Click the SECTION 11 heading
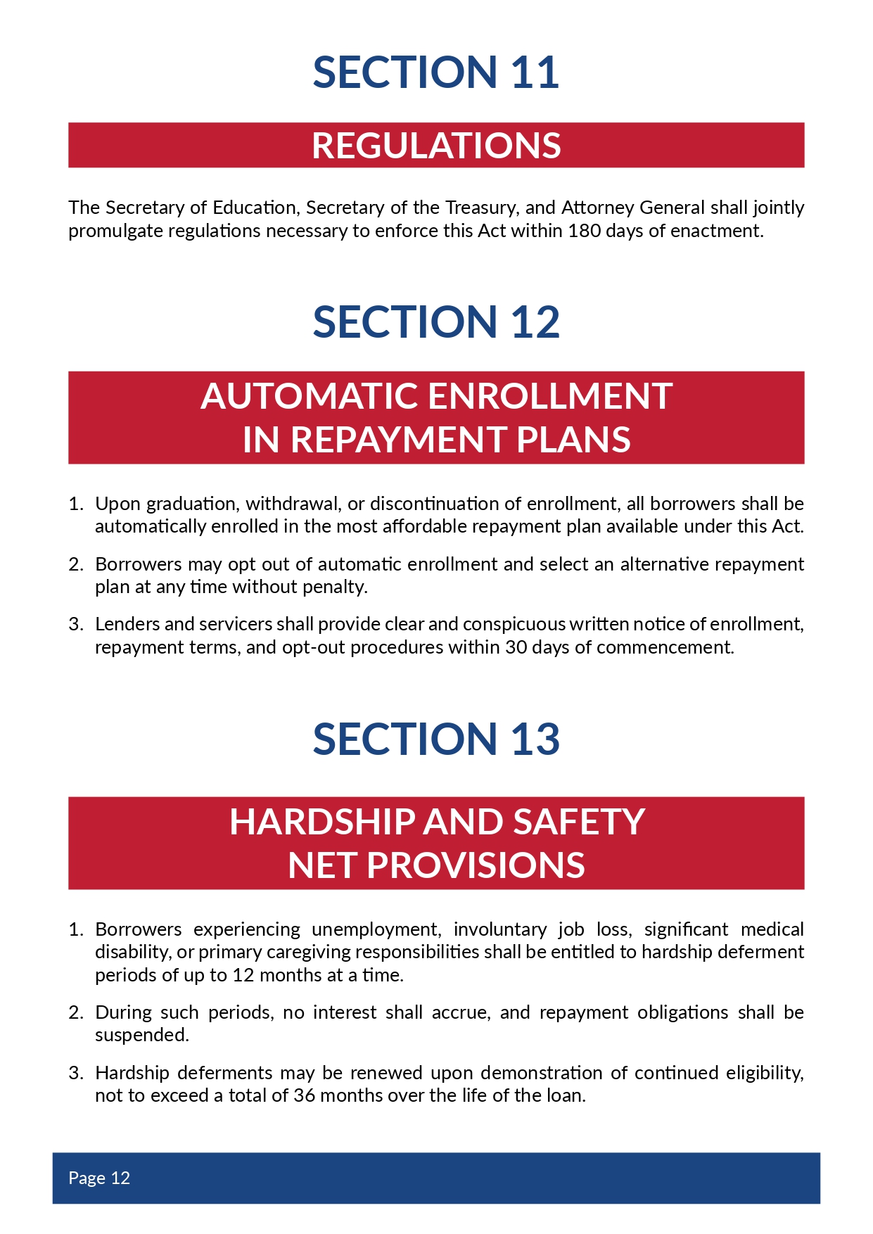pyautogui.click(x=436, y=72)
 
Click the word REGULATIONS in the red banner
pyautogui.click(x=436, y=146)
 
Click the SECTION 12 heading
pyautogui.click(x=436, y=322)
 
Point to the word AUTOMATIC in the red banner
pyautogui.click(x=310, y=396)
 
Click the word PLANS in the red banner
pyautogui.click(x=573, y=440)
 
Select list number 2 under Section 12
pyautogui.click(x=76, y=564)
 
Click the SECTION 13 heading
pyautogui.click(x=436, y=739)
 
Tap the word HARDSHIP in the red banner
pyautogui.click(x=322, y=822)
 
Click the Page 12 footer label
pyautogui.click(x=99, y=1178)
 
